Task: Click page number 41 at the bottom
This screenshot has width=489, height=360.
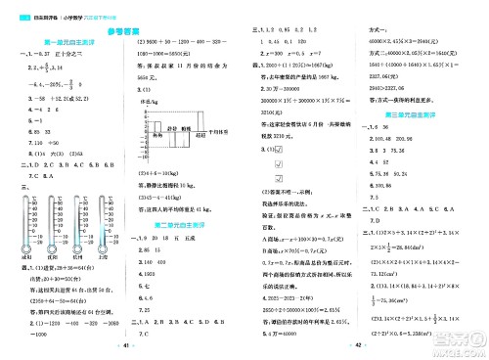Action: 122,346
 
